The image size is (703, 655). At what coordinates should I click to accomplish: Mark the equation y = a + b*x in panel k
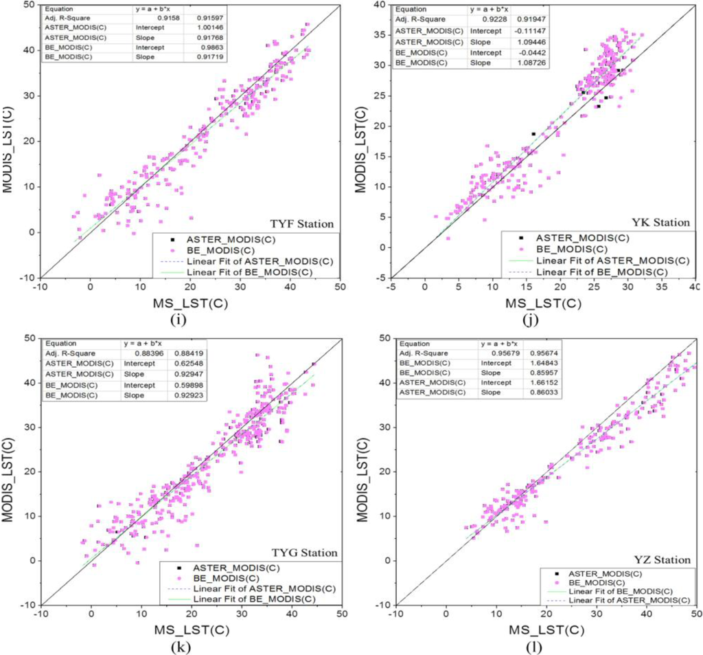[x=143, y=344]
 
